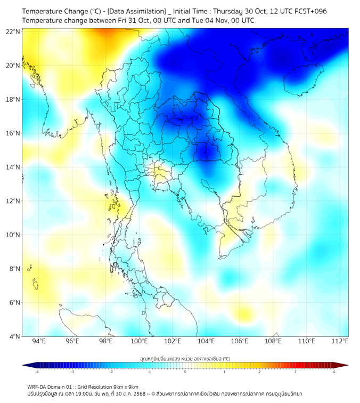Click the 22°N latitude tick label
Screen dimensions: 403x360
click(x=13, y=31)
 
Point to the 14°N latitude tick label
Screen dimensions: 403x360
click(x=13, y=167)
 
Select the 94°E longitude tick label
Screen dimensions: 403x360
click(x=39, y=341)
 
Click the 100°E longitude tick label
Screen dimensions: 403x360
click(x=139, y=341)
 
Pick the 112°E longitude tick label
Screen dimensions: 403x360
click(x=340, y=341)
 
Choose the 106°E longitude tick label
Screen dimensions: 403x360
click(x=240, y=341)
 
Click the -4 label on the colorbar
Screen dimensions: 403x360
click(x=36, y=372)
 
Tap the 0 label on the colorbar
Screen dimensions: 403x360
click(x=185, y=372)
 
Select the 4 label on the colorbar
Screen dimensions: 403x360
click(x=333, y=372)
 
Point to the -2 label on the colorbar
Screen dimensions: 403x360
click(x=111, y=372)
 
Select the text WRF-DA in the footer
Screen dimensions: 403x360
click(x=39, y=386)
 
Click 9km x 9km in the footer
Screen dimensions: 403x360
click(x=124, y=386)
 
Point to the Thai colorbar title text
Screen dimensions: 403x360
click(x=185, y=358)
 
